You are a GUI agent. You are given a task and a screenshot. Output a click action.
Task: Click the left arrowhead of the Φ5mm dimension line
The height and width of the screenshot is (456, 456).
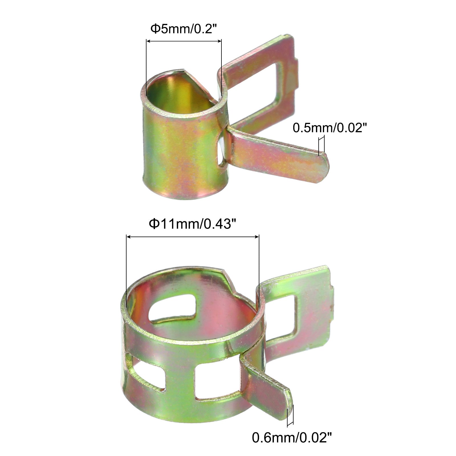coord(148,42)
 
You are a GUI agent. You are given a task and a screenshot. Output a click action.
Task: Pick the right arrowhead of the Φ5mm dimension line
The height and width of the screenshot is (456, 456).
coord(219,42)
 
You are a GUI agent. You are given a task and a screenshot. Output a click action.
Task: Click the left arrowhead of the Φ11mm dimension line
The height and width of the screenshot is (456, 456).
coord(129,237)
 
